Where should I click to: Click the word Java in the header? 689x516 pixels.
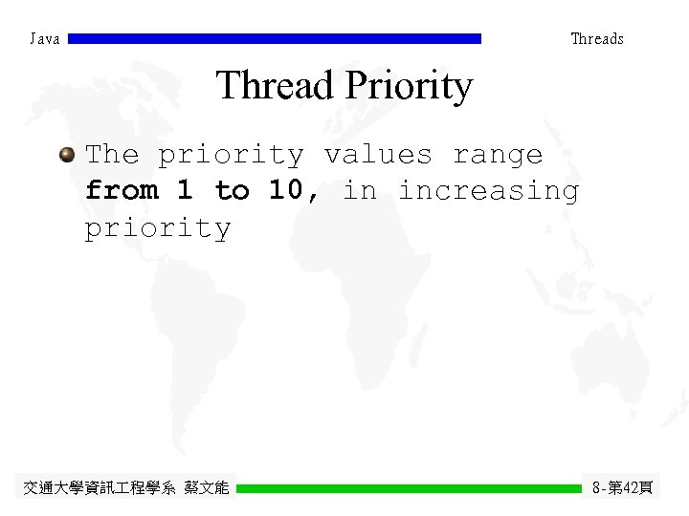(45, 39)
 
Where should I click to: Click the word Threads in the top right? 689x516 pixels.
(597, 39)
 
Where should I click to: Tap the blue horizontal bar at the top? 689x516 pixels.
(275, 39)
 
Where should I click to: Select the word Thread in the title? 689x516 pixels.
(276, 85)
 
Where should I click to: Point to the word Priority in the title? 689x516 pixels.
(409, 87)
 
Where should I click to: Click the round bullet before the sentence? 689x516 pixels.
(67, 154)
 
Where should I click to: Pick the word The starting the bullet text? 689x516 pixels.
(112, 154)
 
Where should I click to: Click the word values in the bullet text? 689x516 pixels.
(378, 154)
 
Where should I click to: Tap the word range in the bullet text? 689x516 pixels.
(497, 156)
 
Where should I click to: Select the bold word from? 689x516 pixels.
(122, 190)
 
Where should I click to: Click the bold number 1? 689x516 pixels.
(185, 190)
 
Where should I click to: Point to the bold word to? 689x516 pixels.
(232, 190)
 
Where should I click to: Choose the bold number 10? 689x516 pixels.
(289, 190)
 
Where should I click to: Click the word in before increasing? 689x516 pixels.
(360, 190)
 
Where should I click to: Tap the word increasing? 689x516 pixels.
(488, 191)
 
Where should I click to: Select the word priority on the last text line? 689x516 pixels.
(158, 228)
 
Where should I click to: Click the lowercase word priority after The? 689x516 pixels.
(231, 156)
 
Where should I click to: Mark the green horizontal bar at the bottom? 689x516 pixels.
(409, 488)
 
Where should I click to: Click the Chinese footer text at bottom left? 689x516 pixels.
(126, 488)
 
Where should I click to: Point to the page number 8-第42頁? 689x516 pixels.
(623, 488)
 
